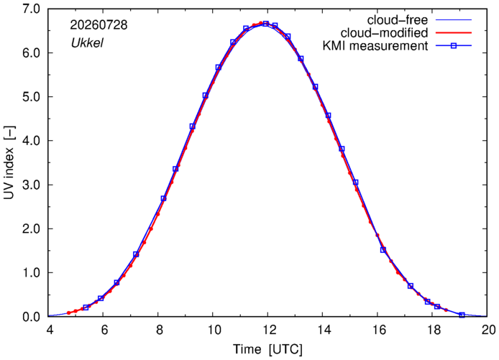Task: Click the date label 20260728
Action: click(x=99, y=25)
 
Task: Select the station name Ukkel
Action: click(x=87, y=43)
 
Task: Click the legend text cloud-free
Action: click(x=398, y=20)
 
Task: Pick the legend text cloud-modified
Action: click(x=384, y=33)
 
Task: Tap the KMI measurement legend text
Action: click(x=375, y=46)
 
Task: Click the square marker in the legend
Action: click(x=454, y=46)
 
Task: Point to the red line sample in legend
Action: click(x=454, y=33)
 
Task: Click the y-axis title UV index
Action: click(x=9, y=163)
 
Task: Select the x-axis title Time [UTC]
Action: click(x=267, y=349)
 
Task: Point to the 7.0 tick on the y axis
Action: click(x=31, y=9)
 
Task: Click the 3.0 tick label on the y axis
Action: click(x=31, y=185)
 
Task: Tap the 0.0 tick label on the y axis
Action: click(x=31, y=317)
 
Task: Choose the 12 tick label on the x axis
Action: click(x=267, y=330)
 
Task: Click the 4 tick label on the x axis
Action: click(x=50, y=330)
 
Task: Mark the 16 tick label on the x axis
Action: click(x=377, y=330)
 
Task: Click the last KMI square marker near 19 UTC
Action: click(x=462, y=315)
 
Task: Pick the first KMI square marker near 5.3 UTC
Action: click(x=86, y=308)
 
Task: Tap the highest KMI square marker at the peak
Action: click(x=266, y=24)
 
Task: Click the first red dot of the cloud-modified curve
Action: click(x=68, y=313)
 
